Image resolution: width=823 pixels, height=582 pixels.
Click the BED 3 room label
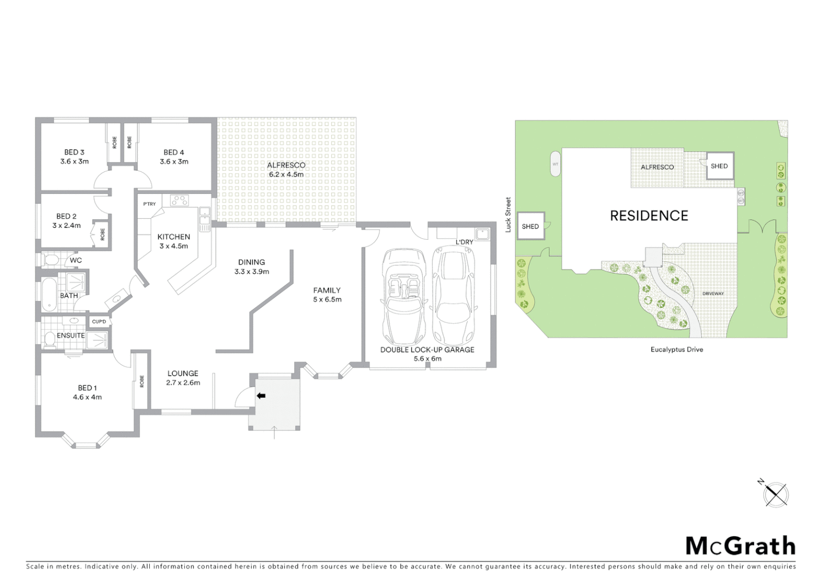[x=74, y=152]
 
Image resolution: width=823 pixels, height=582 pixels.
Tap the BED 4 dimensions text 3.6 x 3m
[x=174, y=162]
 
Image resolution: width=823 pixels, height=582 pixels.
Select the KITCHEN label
[x=173, y=237]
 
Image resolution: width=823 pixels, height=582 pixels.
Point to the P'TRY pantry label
[x=149, y=204]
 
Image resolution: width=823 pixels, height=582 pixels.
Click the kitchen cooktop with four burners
[x=179, y=200]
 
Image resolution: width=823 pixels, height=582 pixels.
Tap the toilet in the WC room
[x=51, y=260]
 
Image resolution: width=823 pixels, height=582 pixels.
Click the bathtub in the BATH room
[x=49, y=295]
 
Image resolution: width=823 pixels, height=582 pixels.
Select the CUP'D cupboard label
[x=99, y=322]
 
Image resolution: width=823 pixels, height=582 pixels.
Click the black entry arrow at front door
[x=261, y=396]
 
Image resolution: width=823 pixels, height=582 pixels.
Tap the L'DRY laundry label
[x=464, y=242]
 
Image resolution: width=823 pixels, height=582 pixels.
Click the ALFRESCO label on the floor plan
[x=286, y=165]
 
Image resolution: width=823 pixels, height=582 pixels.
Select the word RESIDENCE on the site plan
[x=649, y=216]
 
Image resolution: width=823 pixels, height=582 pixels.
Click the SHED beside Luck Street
[x=530, y=226]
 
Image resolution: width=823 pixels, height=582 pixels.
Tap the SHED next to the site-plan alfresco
[x=719, y=166]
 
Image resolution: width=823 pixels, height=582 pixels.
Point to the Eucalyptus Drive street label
[x=676, y=349]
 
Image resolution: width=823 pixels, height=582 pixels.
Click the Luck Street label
[x=508, y=215]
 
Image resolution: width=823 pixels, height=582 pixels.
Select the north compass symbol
[x=775, y=494]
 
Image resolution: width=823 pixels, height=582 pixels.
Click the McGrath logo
[x=741, y=546]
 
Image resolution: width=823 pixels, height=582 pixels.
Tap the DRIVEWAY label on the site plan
[x=713, y=294]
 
